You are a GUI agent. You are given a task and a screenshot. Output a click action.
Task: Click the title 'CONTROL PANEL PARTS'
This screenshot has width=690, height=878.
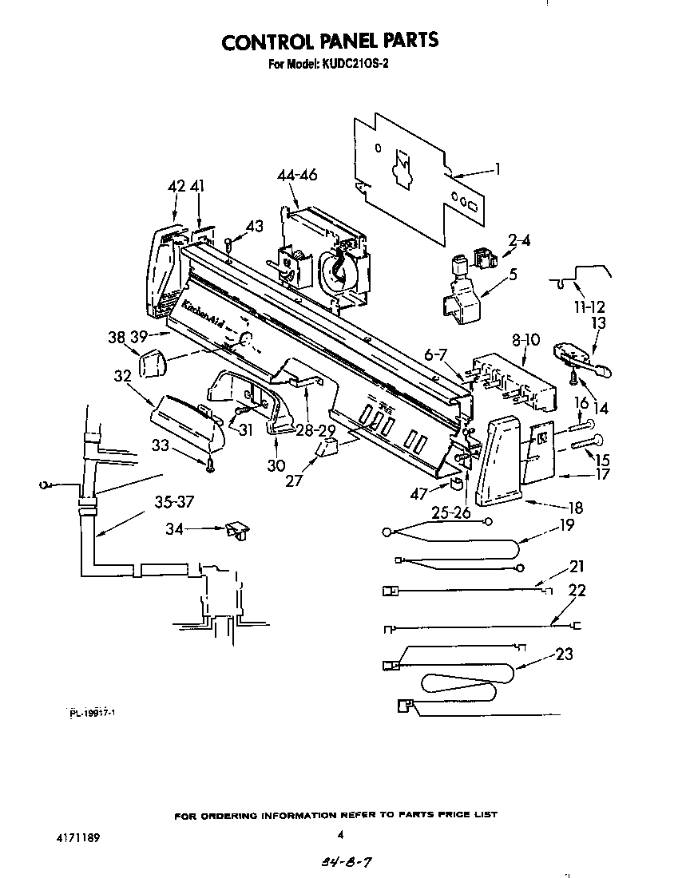[x=330, y=42]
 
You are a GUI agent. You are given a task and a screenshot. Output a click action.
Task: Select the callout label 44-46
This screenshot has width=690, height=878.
[x=297, y=175]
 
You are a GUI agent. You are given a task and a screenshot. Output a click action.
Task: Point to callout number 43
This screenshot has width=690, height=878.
[x=254, y=227]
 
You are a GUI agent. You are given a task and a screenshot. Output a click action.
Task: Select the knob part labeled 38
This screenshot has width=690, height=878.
[x=152, y=366]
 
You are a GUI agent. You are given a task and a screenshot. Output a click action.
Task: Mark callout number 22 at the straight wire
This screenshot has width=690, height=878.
[x=576, y=591]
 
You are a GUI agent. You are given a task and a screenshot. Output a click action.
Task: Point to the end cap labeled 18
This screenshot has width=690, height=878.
[x=498, y=463]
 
